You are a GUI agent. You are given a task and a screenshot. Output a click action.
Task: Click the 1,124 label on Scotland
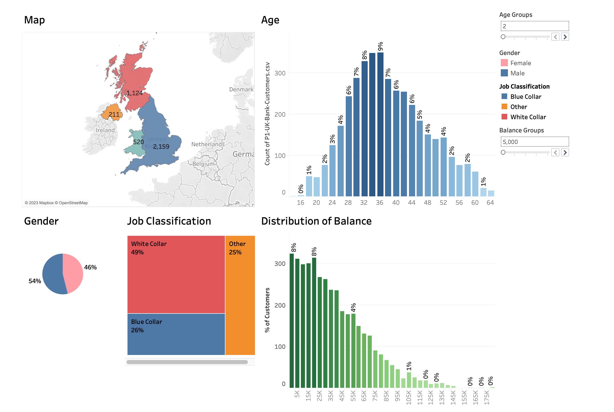click(x=134, y=93)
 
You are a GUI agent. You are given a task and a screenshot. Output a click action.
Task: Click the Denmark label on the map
click(x=241, y=89)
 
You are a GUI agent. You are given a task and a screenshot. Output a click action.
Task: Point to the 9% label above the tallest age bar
click(x=380, y=46)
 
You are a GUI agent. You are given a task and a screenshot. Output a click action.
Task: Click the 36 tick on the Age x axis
click(x=379, y=203)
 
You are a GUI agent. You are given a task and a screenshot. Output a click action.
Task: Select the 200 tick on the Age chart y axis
click(x=280, y=115)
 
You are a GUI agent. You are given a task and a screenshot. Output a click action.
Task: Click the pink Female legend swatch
click(x=504, y=63)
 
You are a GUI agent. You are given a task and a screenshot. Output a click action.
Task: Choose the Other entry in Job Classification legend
click(x=518, y=107)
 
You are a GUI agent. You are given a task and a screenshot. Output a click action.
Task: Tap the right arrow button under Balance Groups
click(x=565, y=152)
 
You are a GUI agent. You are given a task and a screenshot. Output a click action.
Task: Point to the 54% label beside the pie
click(x=35, y=281)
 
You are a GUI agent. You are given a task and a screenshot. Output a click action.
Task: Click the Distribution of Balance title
click(x=316, y=221)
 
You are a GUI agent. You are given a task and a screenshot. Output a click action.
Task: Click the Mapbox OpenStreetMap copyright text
click(x=56, y=203)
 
